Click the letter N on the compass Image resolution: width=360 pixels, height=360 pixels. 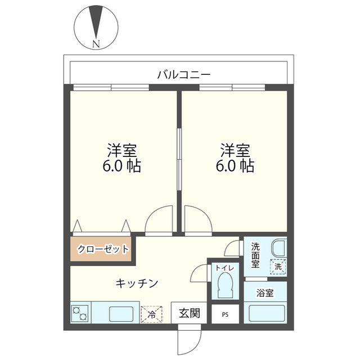pos(96,44)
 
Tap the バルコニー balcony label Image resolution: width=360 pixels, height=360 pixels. pos(184,75)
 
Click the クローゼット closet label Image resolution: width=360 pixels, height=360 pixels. pos(103,249)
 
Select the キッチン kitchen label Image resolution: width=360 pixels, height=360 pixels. pos(137,283)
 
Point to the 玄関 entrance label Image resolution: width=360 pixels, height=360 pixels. pos(190,313)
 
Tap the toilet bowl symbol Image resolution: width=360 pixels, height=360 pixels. pos(225,285)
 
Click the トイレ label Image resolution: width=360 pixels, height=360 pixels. pos(225,268)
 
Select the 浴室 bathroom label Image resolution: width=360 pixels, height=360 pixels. pos(265,293)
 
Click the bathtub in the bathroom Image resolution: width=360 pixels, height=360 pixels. pos(265,314)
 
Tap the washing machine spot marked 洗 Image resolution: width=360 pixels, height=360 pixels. pos(278,267)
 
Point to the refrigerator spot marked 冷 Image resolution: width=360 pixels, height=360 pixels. pos(151,314)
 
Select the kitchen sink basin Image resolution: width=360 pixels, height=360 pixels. pos(121,314)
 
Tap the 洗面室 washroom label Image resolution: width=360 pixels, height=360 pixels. pos(255,255)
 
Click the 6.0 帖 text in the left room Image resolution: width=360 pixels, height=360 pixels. pos(121,166)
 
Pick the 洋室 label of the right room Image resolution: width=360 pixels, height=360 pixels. pos(235,150)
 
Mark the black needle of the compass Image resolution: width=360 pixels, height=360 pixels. pos(96,21)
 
